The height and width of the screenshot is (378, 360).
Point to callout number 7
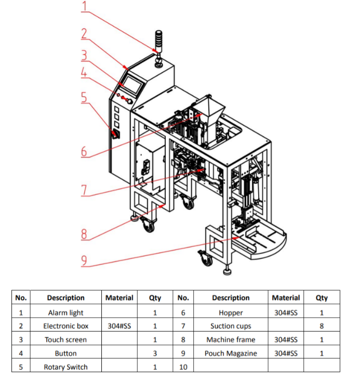[84, 190]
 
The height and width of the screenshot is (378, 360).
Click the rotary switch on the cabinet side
[115, 135]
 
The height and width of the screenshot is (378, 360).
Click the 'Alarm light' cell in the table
[65, 312]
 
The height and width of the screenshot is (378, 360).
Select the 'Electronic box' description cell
[65, 326]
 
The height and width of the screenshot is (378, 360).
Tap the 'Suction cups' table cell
[231, 326]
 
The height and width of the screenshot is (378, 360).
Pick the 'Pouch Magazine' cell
[231, 353]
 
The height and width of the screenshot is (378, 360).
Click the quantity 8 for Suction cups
[322, 326]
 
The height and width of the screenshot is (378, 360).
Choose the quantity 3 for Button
[155, 353]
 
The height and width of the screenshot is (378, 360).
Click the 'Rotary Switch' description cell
[65, 367]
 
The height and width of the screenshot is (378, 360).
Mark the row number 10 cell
[183, 367]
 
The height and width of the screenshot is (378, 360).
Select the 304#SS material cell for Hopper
[286, 312]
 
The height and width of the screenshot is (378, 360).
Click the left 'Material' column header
[119, 298]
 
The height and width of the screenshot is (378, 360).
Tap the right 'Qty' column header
[322, 298]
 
